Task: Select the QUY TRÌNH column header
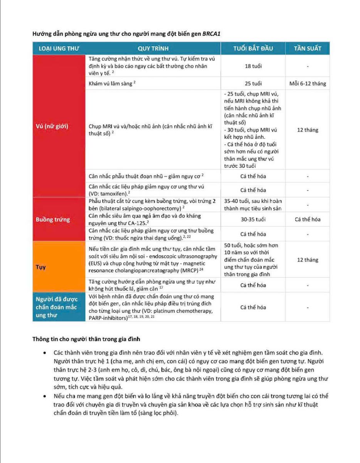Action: coord(153,49)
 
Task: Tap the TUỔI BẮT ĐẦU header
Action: coord(253,49)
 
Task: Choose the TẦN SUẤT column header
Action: coord(308,49)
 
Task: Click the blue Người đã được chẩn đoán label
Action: coord(57,308)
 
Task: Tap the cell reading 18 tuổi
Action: coord(253,66)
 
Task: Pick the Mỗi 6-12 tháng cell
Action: coord(308,83)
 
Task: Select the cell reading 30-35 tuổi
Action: coord(253,220)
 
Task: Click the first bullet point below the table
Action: coord(45,353)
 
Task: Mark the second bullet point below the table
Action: coord(45,396)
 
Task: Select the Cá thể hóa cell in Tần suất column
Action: coord(308,220)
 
